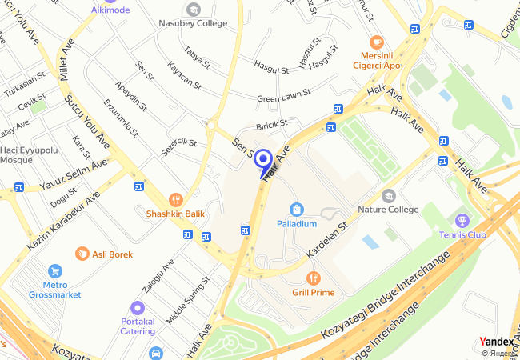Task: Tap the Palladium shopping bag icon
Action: tap(297, 209)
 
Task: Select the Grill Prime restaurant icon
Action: tap(313, 278)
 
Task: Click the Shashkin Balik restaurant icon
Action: tap(175, 199)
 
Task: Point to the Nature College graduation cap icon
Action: tap(388, 195)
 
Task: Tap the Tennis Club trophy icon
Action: tap(462, 220)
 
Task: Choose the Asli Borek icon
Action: tap(82, 254)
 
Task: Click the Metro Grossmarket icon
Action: tap(54, 271)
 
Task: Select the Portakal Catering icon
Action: tap(137, 307)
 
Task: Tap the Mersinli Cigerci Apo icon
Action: tap(376, 42)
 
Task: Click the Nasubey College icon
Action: tap(193, 10)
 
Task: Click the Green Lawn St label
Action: tap(283, 98)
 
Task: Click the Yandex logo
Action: tap(496, 342)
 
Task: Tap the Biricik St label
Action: tap(271, 126)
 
